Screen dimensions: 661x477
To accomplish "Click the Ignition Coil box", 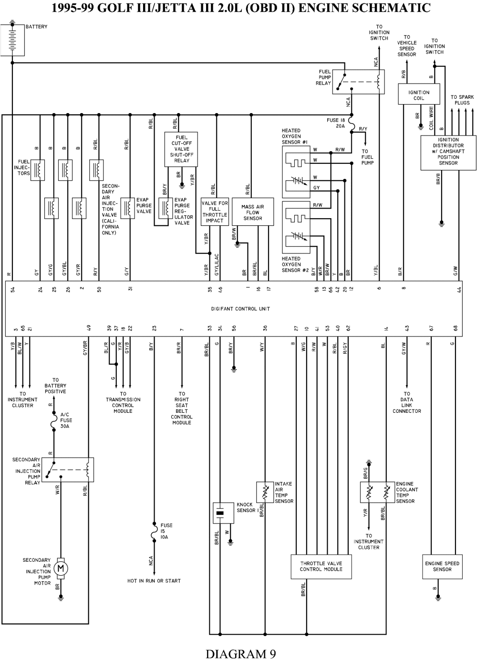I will coord(419,94).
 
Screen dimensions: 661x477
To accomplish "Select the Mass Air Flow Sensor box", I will coord(253,212).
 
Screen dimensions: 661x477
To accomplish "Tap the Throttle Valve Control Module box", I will coord(321,567).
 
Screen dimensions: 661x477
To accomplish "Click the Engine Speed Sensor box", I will coord(442,567).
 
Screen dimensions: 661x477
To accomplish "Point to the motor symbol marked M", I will coord(61,568).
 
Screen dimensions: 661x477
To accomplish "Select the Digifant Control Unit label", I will coord(240,309).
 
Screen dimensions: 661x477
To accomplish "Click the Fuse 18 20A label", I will coord(336,123).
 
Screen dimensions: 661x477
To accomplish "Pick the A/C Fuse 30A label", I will coord(66,420).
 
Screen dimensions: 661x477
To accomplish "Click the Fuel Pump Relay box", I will coord(358,81).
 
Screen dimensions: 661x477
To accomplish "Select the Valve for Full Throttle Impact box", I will coord(215,212).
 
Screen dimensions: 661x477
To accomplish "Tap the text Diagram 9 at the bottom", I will coord(240,653).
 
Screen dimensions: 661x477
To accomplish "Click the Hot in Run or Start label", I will coord(154,581).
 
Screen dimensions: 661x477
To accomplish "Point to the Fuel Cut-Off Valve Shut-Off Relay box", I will coord(181,149).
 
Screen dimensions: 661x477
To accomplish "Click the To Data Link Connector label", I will coord(407,402).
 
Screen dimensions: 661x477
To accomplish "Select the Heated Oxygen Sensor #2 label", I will coord(291,264).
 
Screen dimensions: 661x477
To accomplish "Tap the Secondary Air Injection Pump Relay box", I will coord(68,470).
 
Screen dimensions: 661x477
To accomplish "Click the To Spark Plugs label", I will coord(462,100).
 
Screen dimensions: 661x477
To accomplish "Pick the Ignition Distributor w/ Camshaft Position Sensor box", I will coord(448,152).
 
